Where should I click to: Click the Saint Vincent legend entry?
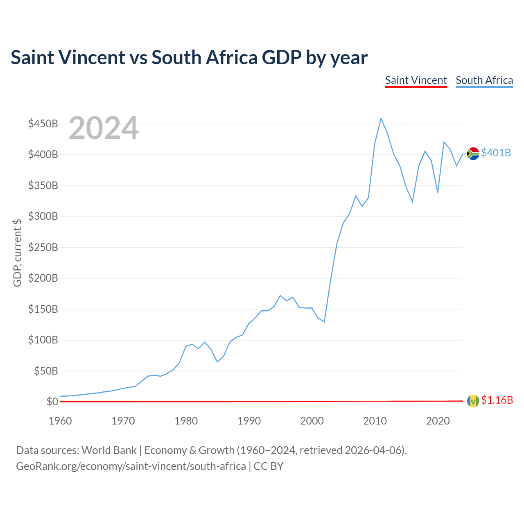[416, 80]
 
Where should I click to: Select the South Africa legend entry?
[484, 80]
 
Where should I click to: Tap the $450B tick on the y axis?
[43, 124]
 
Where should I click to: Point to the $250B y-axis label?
[43, 247]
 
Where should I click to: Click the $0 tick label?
[52, 402]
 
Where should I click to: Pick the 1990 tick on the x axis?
[249, 421]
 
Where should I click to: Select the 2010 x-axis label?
[375, 421]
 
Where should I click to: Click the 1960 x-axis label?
[60, 421]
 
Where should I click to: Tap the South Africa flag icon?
[473, 154]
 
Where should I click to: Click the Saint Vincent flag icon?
[473, 401]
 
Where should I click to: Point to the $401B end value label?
[496, 153]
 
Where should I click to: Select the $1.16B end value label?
[497, 400]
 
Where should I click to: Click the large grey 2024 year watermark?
[104, 129]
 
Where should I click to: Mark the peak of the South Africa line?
[381, 118]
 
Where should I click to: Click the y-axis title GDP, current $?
[17, 253]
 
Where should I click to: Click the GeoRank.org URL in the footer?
[131, 466]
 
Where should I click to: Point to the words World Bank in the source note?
[109, 450]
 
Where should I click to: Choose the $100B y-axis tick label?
[43, 340]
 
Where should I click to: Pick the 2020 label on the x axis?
[438, 421]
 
